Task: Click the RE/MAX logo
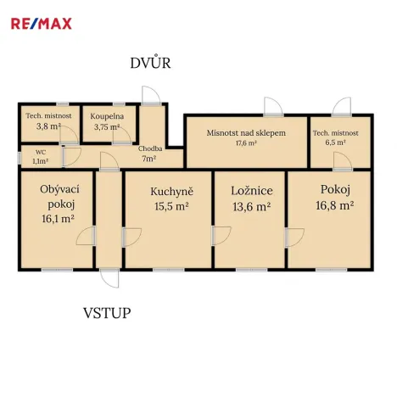point(41,23)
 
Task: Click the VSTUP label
point(107,313)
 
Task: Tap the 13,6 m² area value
point(251,206)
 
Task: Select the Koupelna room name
point(108,115)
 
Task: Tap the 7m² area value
point(149,159)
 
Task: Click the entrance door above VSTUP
point(109,277)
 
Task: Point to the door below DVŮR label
point(152,93)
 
